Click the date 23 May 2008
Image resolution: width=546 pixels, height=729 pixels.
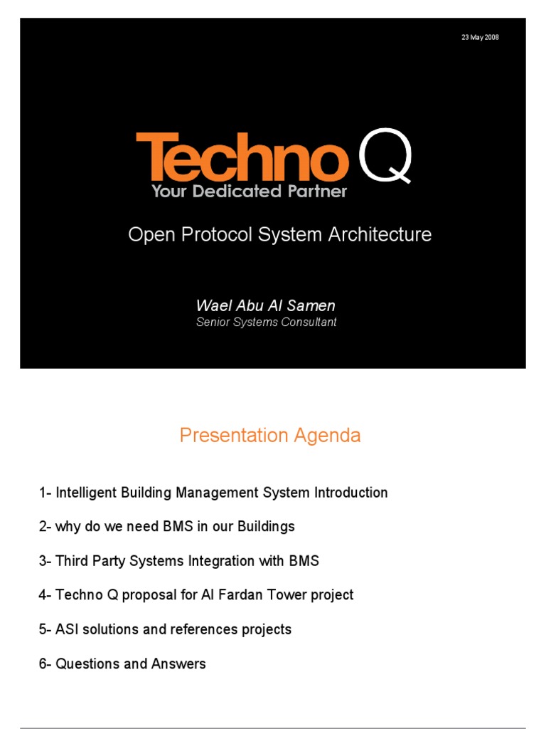(x=480, y=37)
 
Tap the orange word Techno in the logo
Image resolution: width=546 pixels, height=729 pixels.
(x=242, y=159)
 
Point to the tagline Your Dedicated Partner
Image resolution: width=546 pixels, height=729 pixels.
(x=249, y=192)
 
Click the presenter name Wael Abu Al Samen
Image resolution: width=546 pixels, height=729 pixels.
(x=265, y=305)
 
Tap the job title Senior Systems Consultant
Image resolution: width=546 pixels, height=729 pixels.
(x=266, y=322)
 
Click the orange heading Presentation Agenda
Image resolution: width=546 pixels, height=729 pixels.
(x=270, y=436)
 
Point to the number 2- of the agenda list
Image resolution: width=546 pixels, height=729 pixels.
(x=45, y=527)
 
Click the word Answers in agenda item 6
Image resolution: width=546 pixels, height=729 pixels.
(x=178, y=664)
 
